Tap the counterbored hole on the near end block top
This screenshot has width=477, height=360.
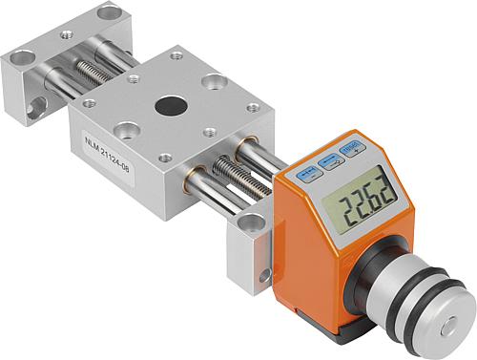pos(251,224)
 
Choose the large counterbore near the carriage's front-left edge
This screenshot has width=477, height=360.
pos(125,129)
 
